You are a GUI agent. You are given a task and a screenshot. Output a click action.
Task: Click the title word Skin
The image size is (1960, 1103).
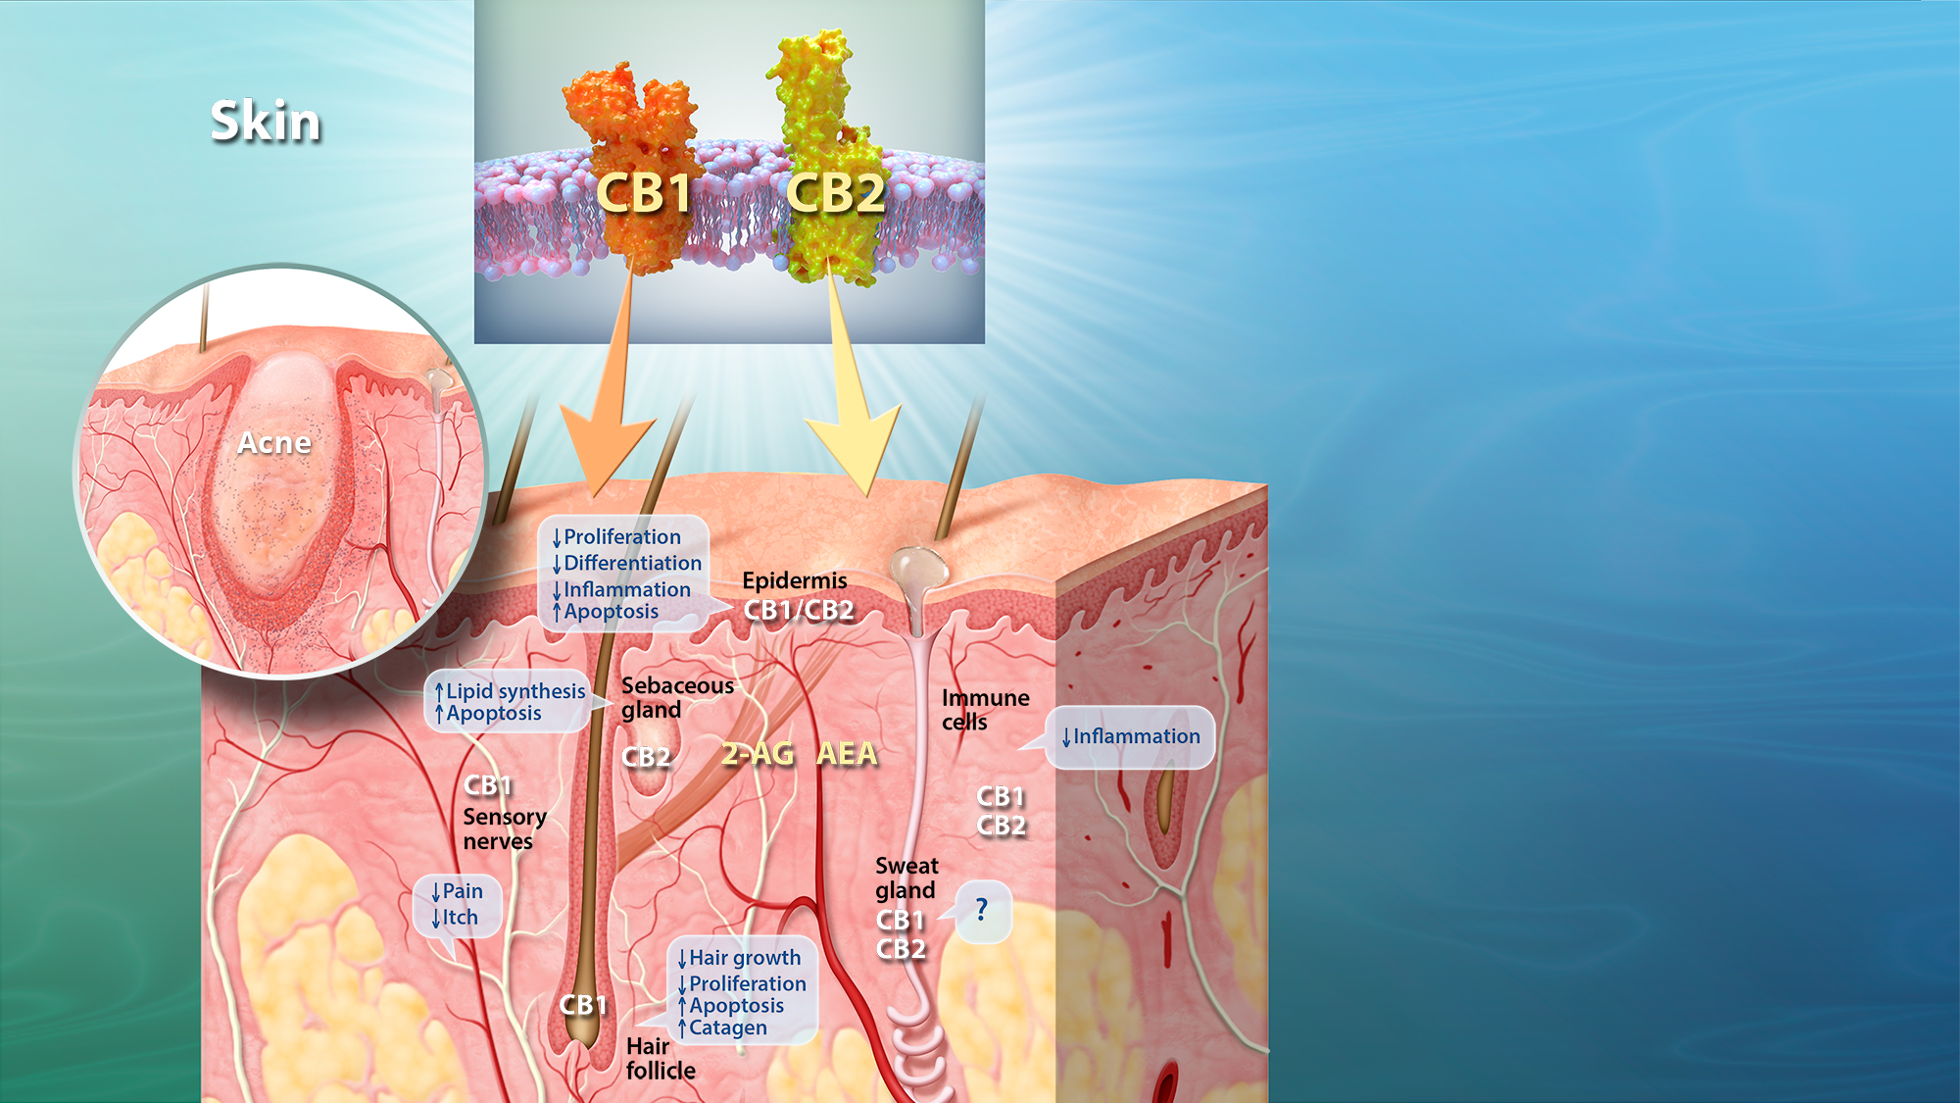[x=266, y=123]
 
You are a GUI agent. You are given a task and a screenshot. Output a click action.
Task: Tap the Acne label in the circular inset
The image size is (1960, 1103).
[x=274, y=443]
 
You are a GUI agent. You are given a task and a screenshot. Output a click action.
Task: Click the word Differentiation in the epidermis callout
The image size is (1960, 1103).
[x=633, y=564]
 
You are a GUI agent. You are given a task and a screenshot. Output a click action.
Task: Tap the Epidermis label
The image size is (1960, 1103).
[x=795, y=581]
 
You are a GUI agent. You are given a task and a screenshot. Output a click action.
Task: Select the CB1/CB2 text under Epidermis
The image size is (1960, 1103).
[x=799, y=611]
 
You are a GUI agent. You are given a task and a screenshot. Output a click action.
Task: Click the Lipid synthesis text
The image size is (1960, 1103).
[x=515, y=692]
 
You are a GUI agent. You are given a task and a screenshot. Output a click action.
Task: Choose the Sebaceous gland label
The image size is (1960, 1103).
[x=677, y=698]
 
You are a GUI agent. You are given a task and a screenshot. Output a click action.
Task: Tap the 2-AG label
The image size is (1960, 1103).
[x=758, y=754]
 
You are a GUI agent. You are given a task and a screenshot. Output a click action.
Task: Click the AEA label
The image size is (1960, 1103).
[x=847, y=754]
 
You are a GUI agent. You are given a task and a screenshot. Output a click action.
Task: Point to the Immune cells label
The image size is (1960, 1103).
[x=985, y=710]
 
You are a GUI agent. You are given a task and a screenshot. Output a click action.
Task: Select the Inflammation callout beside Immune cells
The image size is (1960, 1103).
[x=1136, y=737]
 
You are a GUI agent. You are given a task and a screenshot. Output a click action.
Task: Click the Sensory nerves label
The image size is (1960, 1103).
[x=505, y=829]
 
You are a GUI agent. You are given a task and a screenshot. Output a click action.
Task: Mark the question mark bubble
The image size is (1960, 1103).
[x=983, y=912]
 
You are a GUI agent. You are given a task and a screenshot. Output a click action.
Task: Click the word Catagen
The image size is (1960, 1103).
[x=728, y=1028]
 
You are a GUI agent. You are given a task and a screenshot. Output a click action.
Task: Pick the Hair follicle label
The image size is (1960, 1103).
[x=661, y=1059]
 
